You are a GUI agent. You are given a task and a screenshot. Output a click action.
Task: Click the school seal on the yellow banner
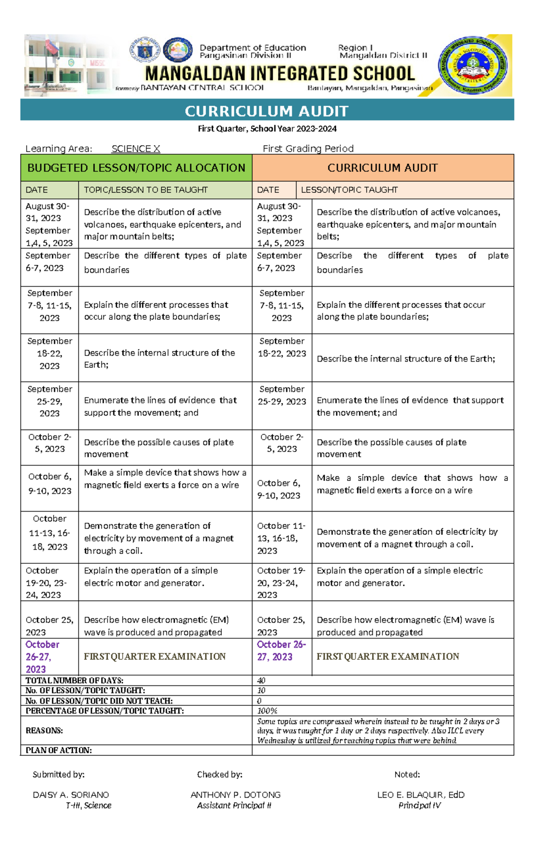point(473,66)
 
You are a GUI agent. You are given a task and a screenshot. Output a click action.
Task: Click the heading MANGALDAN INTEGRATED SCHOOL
point(279,74)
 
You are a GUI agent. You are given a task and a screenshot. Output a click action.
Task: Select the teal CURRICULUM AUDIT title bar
point(267,111)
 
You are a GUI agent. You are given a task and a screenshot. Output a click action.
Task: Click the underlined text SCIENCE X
point(136,149)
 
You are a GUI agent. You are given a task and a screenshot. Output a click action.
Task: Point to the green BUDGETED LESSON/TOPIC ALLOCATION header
point(136,168)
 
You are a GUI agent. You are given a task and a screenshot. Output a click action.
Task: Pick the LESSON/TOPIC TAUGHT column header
point(349,190)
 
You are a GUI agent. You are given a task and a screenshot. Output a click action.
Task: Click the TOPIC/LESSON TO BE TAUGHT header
point(145,190)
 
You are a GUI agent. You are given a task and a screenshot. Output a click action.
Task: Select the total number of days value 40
point(261,680)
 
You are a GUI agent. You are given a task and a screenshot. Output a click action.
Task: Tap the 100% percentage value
point(267,711)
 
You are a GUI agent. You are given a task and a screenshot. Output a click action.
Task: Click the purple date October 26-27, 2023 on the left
point(42,657)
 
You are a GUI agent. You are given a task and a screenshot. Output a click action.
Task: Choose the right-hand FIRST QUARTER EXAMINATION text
point(388,656)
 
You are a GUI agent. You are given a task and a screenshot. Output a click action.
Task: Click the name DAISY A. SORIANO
point(71,794)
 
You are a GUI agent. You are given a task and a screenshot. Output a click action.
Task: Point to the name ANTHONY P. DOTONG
point(235,794)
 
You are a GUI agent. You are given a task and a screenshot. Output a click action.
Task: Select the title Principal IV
point(419,806)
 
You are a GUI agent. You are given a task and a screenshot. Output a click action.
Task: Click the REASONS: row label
point(44,730)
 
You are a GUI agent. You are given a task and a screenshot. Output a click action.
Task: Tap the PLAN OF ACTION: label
point(59,750)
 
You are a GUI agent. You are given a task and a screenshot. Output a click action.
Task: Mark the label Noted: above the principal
point(407,774)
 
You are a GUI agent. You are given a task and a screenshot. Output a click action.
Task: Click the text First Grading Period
point(308,149)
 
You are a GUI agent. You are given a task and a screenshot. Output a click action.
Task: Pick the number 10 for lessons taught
point(261,691)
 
